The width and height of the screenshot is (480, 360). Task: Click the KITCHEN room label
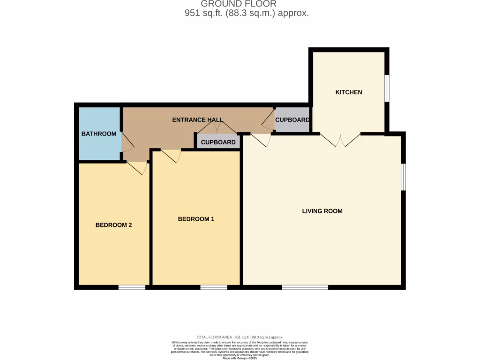[x=348, y=92]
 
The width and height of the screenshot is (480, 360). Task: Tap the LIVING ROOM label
[x=322, y=211]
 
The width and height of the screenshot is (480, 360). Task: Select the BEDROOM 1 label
[x=196, y=219]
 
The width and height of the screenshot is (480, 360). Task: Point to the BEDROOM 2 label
[x=113, y=225]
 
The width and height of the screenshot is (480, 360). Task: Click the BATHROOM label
[x=99, y=134]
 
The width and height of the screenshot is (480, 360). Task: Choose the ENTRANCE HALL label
[x=197, y=120]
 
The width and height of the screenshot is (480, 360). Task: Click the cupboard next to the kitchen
[x=292, y=120]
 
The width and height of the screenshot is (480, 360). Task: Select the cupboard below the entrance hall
[x=218, y=142]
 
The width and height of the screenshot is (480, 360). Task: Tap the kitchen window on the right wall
[x=387, y=88]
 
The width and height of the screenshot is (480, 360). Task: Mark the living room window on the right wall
[x=403, y=177]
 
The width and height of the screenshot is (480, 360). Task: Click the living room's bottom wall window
[x=305, y=287]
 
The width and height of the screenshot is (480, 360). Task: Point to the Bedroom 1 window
[x=214, y=287]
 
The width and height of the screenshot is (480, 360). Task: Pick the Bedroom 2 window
[x=132, y=287]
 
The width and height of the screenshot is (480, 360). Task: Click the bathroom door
[x=127, y=142]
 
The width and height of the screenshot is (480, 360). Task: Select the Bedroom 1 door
[x=171, y=155]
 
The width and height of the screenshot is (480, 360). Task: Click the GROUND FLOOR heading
[x=239, y=4]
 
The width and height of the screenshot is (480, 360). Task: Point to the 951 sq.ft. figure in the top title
[x=204, y=14]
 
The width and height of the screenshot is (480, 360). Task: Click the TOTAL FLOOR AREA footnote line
[x=240, y=337]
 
